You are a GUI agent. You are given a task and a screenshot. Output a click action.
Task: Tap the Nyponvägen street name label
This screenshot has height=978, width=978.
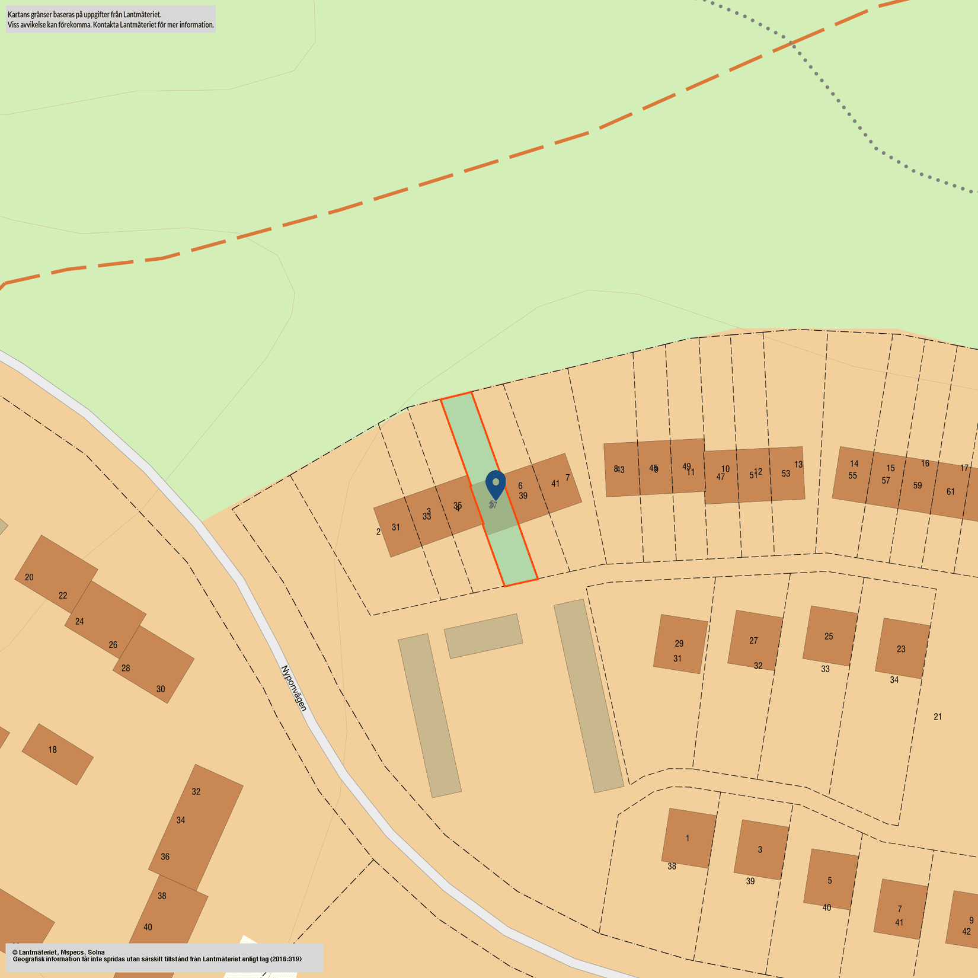click(x=294, y=688)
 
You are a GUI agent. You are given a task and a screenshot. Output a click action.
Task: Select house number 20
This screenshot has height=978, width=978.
click(x=29, y=577)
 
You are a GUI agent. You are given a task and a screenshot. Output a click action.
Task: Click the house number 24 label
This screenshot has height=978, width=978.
click(x=79, y=621)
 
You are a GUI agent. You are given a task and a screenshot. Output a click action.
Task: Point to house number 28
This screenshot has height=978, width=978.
click(x=126, y=668)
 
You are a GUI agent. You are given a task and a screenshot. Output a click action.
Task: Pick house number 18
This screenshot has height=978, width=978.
click(x=53, y=750)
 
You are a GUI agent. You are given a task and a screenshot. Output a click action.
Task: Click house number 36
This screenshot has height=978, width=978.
click(x=165, y=856)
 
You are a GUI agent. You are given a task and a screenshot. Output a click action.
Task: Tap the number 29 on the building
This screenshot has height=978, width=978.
click(x=679, y=643)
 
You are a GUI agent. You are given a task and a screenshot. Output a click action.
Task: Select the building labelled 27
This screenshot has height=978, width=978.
click(x=753, y=640)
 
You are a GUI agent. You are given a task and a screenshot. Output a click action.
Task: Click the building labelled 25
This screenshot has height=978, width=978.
click(x=829, y=636)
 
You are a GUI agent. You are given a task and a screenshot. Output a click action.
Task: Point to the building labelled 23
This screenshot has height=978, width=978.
click(x=901, y=649)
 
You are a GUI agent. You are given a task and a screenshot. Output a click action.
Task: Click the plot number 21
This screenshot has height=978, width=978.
click(x=938, y=717)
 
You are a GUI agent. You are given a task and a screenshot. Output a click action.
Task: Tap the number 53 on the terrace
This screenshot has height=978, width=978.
click(x=786, y=474)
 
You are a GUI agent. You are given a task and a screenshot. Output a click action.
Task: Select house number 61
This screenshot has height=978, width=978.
click(x=951, y=491)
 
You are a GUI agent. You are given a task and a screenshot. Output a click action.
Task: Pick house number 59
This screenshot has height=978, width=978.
click(x=918, y=485)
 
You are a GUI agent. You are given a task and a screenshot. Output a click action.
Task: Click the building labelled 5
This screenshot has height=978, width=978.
click(x=830, y=880)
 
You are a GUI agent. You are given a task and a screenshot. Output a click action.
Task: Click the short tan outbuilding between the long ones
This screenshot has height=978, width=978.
click(x=483, y=635)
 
